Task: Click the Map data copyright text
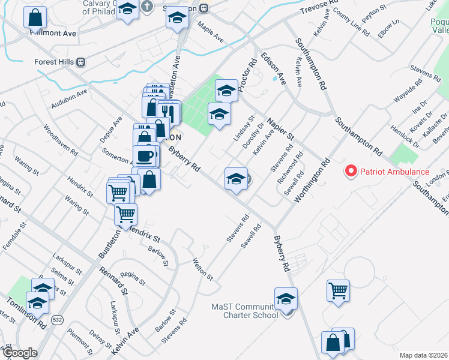[x=423, y=355]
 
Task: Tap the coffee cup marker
[x=145, y=157]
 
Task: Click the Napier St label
[x=280, y=130]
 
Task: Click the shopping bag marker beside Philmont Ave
[x=36, y=18]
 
